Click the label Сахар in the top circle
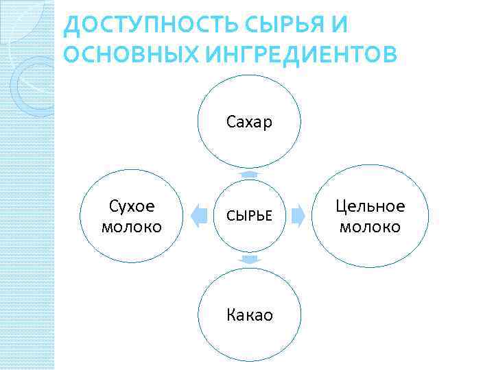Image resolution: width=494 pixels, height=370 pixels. [x=249, y=123]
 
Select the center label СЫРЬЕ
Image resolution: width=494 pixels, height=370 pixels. [x=249, y=217]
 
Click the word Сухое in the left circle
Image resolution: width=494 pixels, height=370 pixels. [x=131, y=207]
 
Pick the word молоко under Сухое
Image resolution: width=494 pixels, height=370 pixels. [x=131, y=227]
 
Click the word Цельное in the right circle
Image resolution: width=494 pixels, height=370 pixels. [x=370, y=207]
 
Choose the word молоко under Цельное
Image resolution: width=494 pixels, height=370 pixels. [x=370, y=227]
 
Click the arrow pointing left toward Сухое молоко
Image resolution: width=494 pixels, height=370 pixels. [x=198, y=216]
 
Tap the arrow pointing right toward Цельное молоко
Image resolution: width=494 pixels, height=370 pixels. [x=298, y=216]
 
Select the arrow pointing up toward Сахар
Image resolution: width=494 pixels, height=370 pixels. [x=249, y=175]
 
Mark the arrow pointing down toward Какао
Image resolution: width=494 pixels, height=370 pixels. [x=249, y=260]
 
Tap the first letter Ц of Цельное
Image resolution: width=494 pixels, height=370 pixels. [x=341, y=207]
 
